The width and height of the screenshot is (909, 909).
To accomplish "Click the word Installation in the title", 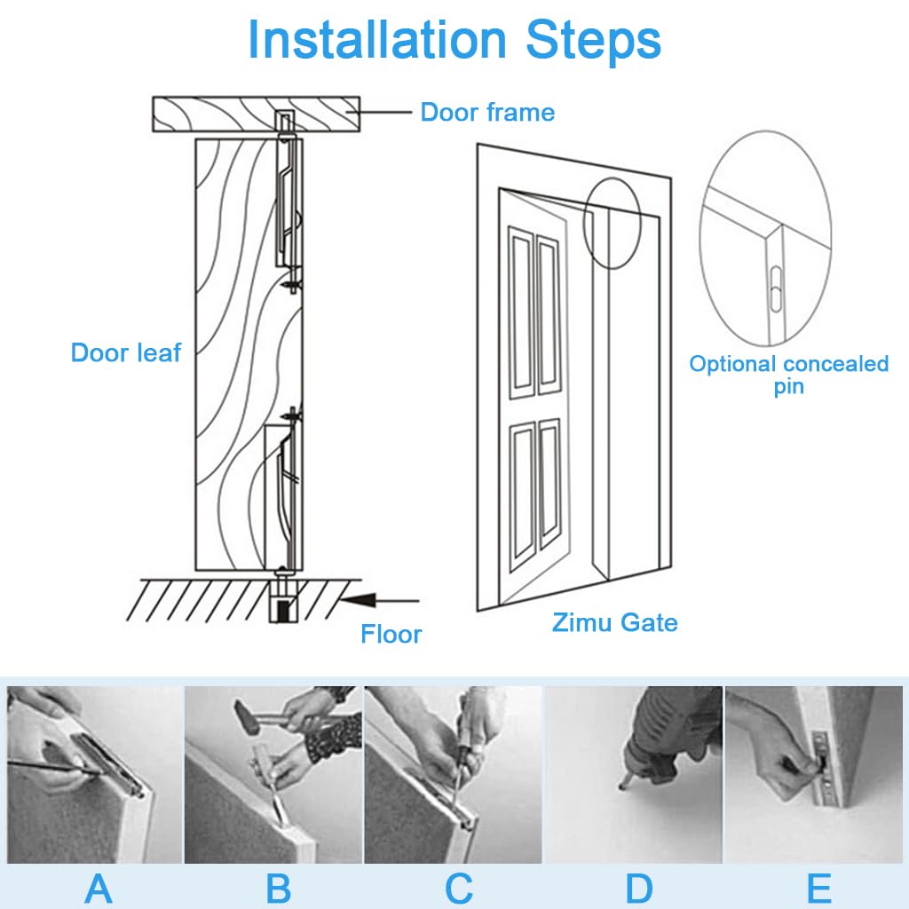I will coord(378,40).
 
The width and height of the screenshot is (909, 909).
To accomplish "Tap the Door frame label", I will coord(486,113).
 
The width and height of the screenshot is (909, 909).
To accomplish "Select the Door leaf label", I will coord(125,352).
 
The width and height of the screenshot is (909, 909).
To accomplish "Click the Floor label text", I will coord(391,634).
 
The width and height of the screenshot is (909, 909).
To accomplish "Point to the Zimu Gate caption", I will coord(614,622).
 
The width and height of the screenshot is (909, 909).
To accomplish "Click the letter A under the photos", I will coord(98,888).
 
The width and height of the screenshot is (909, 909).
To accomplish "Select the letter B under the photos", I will coord(278,888).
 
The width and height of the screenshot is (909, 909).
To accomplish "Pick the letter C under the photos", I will coord(458,888).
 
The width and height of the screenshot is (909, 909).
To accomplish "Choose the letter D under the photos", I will coord(638,888).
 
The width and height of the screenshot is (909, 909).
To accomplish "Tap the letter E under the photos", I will coord(818,888).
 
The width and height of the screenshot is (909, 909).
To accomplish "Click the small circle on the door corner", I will coord(613,222).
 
